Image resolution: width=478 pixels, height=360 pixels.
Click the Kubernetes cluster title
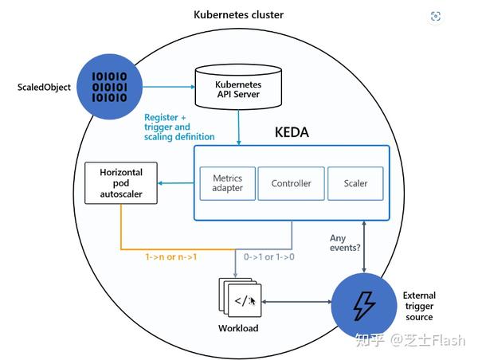[x=238, y=15]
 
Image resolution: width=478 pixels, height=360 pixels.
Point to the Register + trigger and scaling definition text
[x=179, y=127]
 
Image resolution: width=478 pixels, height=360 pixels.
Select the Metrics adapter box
[x=226, y=182]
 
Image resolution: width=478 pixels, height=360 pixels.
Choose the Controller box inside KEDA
[x=291, y=183]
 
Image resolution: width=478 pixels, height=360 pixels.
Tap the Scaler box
[x=355, y=183]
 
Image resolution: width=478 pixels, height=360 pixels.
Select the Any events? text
[x=344, y=243]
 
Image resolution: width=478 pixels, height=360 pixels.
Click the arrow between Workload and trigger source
[x=296, y=302]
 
